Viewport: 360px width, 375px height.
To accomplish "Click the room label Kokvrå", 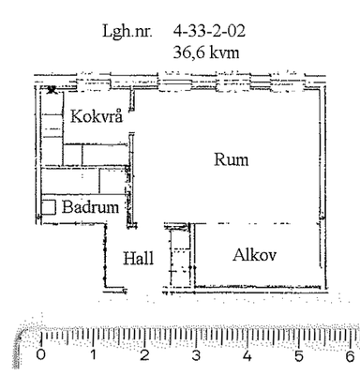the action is (97, 116).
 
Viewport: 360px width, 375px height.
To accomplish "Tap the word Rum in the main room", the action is (232, 159).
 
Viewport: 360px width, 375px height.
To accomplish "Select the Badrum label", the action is (91, 207).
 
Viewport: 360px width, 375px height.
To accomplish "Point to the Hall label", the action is (139, 258).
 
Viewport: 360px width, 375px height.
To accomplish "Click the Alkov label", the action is (254, 255).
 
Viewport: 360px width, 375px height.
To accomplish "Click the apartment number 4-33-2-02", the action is (209, 31).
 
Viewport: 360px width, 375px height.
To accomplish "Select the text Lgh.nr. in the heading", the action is (127, 32).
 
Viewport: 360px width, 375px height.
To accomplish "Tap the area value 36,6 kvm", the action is (206, 52).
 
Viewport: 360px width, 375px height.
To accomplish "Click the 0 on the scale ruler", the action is (41, 355).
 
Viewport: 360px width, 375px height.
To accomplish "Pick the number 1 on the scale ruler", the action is (93, 355).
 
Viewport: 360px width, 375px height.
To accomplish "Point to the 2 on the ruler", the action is (144, 355).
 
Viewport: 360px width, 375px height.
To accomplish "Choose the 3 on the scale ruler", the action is (196, 355).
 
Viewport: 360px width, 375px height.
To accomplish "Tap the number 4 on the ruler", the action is (247, 355).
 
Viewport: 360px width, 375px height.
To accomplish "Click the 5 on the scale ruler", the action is (299, 355).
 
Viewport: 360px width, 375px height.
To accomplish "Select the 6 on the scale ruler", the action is (350, 355).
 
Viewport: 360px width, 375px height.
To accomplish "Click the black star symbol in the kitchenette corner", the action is (52, 90).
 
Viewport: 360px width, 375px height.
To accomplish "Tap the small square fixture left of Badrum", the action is (49, 207).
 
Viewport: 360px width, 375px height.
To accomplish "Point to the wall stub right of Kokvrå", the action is (132, 100).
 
